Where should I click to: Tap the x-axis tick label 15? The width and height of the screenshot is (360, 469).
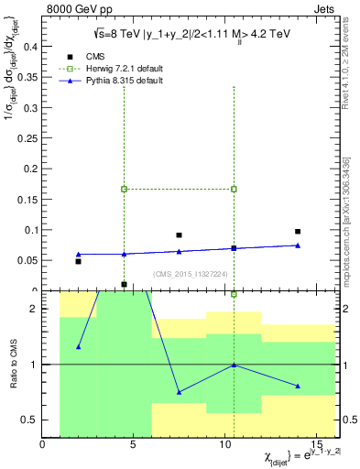316,446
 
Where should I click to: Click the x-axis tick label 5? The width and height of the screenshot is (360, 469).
134,446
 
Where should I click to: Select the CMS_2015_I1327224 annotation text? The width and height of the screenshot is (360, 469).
189,275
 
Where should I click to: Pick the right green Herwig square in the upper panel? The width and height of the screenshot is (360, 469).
234,190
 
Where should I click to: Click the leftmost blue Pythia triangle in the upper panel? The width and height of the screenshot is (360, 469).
79,254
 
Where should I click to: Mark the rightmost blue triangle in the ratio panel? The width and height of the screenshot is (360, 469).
298,386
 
